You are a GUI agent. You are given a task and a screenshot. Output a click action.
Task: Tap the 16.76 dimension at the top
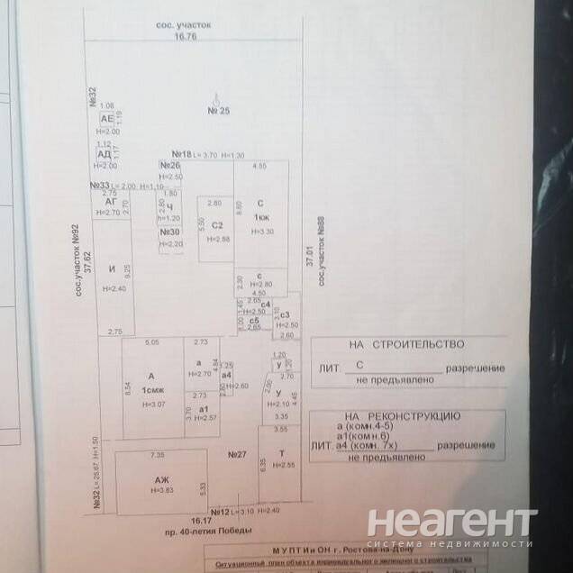click(186, 37)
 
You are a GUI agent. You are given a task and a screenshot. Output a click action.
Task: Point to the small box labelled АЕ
click(106, 119)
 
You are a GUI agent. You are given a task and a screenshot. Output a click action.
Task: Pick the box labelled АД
click(105, 154)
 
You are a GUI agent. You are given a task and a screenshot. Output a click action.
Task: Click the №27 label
click(237, 455)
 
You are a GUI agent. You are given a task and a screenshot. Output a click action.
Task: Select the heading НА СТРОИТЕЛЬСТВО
click(406, 344)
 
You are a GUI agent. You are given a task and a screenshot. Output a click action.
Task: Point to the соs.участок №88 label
click(321, 251)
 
